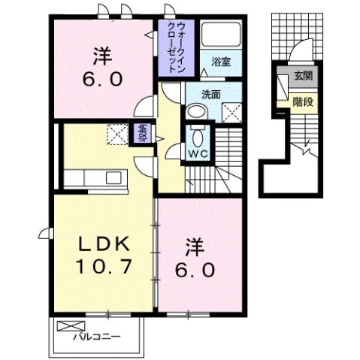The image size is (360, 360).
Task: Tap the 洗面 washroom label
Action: (211, 95)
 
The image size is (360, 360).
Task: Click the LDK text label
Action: (106, 244)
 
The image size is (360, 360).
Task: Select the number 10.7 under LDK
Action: (106, 265)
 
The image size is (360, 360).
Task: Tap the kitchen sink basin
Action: (114, 178)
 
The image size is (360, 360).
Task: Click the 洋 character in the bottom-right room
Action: (195, 247)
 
